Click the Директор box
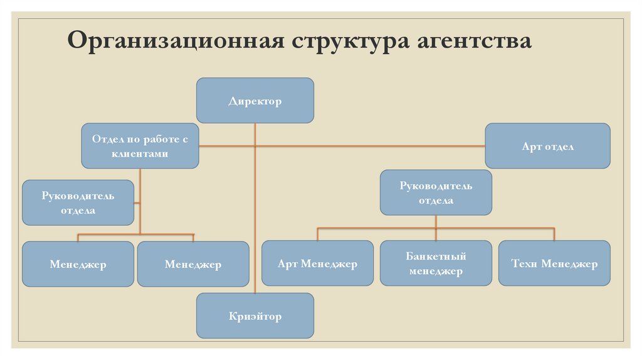tap(255, 100)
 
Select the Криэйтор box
tap(255, 315)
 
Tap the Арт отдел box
tap(547, 146)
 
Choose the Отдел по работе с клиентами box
tap(140, 146)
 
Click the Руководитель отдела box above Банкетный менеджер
tap(436, 193)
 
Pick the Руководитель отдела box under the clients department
tap(78, 203)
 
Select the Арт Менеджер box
tap(317, 263)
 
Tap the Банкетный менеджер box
tap(436, 263)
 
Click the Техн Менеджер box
tap(554, 263)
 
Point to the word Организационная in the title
tap(176, 41)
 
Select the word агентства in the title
tap(474, 41)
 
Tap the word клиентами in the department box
tap(140, 154)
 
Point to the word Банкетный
tap(436, 256)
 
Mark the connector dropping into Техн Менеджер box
tap(554, 235)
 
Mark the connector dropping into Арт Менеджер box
tap(317, 235)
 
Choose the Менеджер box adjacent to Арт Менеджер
tap(193, 264)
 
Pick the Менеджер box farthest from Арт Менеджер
tap(78, 264)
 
